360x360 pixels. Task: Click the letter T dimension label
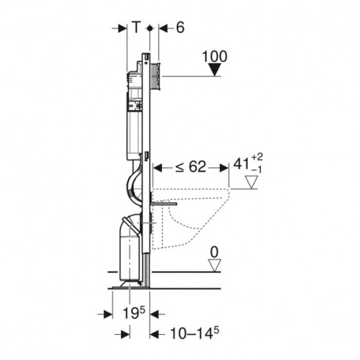tap(136, 27)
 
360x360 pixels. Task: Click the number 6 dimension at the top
tap(180, 28)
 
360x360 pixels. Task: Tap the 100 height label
tap(215, 57)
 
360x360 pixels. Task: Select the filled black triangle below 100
tap(215, 70)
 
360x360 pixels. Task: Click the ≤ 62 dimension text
tap(191, 167)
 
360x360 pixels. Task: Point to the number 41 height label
tap(241, 164)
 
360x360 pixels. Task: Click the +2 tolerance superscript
tap(257, 157)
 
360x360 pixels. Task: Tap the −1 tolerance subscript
tap(256, 171)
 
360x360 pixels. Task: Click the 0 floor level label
tap(215, 252)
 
